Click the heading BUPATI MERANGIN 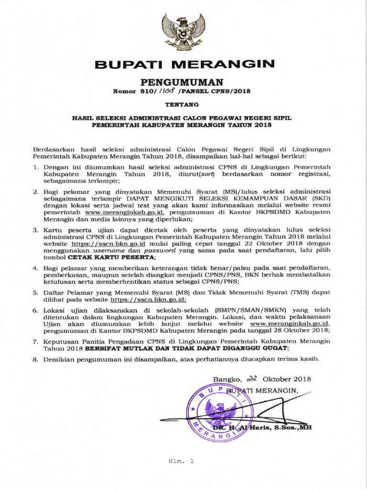point(184,64)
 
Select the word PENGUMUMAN point(183,82)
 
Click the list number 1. point(36,167)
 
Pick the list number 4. point(36,266)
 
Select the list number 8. point(36,358)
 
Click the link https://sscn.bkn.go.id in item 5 point(148,300)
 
